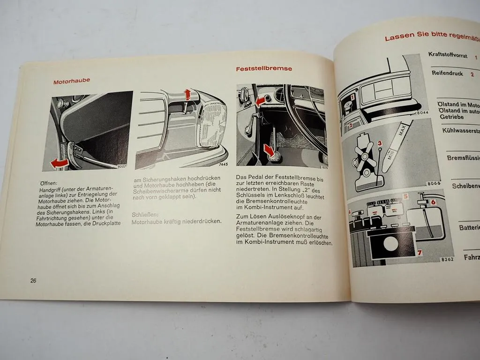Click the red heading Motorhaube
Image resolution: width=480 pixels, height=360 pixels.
click(x=72, y=81)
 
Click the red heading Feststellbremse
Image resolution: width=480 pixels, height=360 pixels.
click(x=264, y=68)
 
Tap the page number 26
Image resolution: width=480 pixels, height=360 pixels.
click(x=33, y=280)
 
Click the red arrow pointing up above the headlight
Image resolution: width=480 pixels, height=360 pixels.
click(x=187, y=95)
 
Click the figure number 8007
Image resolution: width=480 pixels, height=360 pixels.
click(x=122, y=165)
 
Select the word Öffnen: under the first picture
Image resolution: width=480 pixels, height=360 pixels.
click(x=48, y=183)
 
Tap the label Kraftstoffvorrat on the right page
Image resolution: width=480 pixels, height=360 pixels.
click(x=448, y=54)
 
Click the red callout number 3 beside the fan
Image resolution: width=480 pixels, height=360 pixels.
click(x=380, y=143)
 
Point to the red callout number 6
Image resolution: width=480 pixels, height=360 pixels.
click(x=433, y=202)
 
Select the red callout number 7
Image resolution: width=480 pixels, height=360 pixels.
click(x=420, y=253)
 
